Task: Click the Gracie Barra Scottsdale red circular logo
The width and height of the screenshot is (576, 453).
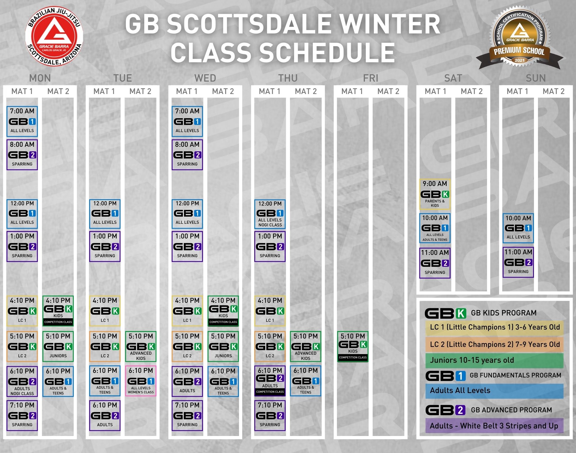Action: (54, 36)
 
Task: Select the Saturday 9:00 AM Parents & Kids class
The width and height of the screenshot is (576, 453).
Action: (435, 194)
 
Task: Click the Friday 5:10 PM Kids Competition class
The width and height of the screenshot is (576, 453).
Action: (353, 346)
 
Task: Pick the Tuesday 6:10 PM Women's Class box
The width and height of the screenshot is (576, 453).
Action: (141, 381)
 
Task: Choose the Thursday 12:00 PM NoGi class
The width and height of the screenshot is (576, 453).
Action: (270, 214)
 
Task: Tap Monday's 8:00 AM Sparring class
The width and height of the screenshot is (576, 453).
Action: (22, 155)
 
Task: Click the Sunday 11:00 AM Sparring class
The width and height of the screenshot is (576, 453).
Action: (518, 262)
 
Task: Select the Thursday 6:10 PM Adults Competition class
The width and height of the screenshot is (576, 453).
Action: (270, 381)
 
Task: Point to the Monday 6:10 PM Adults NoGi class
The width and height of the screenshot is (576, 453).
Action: (22, 381)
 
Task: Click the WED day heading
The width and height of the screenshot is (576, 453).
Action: (205, 78)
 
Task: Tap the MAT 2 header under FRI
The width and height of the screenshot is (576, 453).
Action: (388, 91)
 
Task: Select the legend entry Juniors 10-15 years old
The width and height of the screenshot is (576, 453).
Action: (494, 360)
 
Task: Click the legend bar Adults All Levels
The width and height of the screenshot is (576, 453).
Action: (494, 391)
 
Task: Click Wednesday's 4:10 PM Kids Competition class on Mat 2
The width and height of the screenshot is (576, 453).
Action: (223, 311)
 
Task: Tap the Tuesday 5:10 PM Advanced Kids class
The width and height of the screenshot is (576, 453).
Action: (141, 346)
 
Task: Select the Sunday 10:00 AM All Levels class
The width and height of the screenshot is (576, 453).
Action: (518, 228)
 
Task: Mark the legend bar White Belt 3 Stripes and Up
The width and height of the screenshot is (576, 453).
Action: (494, 426)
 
